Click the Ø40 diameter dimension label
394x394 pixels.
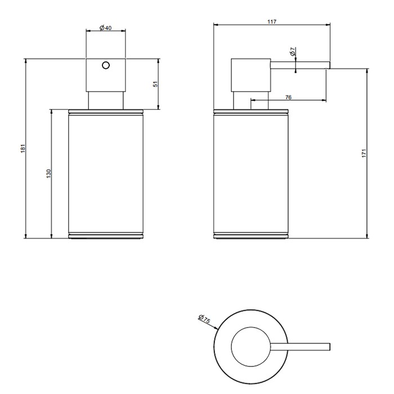(105, 28)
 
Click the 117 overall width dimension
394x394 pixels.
(272, 21)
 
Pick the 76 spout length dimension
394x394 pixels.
(288, 97)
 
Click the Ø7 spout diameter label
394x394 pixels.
(293, 52)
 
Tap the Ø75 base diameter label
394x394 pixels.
(204, 320)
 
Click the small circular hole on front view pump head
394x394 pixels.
(105, 66)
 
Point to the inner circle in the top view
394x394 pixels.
(252, 345)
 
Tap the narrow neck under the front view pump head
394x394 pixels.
(105, 100)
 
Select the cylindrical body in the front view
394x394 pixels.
(105, 173)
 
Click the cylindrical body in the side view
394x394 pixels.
(252, 173)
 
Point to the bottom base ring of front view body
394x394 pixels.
(105, 236)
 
